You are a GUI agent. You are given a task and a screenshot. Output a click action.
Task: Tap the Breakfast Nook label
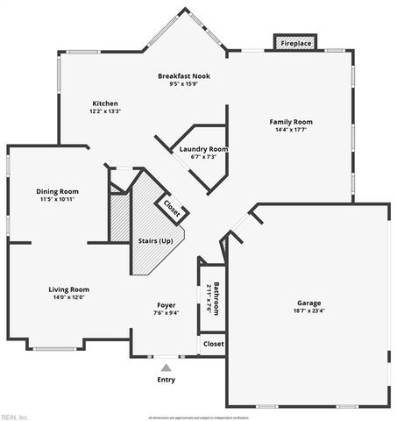[184, 76]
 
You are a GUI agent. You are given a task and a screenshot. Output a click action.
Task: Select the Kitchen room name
[104, 103]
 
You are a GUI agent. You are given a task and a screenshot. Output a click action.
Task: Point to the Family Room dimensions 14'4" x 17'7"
[291, 130]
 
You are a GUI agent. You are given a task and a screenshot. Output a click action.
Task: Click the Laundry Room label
[203, 149]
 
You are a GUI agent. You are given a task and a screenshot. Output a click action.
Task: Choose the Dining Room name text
[58, 191]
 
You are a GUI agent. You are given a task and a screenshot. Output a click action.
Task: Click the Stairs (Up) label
[156, 240]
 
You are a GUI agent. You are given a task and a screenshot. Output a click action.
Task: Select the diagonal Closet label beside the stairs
[172, 209]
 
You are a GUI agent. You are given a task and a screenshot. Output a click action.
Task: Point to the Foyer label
[166, 305]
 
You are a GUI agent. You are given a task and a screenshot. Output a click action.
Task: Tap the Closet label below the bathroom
[213, 344]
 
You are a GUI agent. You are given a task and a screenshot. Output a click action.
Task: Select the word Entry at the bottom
[166, 380]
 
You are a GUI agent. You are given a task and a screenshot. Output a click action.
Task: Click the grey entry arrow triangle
[166, 367]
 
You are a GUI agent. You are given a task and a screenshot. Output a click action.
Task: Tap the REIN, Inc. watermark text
[15, 416]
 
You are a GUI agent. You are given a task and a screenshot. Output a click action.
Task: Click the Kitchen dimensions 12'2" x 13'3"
[104, 111]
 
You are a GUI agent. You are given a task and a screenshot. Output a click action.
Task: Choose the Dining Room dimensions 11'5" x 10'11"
[58, 199]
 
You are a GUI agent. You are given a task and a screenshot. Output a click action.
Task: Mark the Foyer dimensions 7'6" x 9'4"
[166, 313]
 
